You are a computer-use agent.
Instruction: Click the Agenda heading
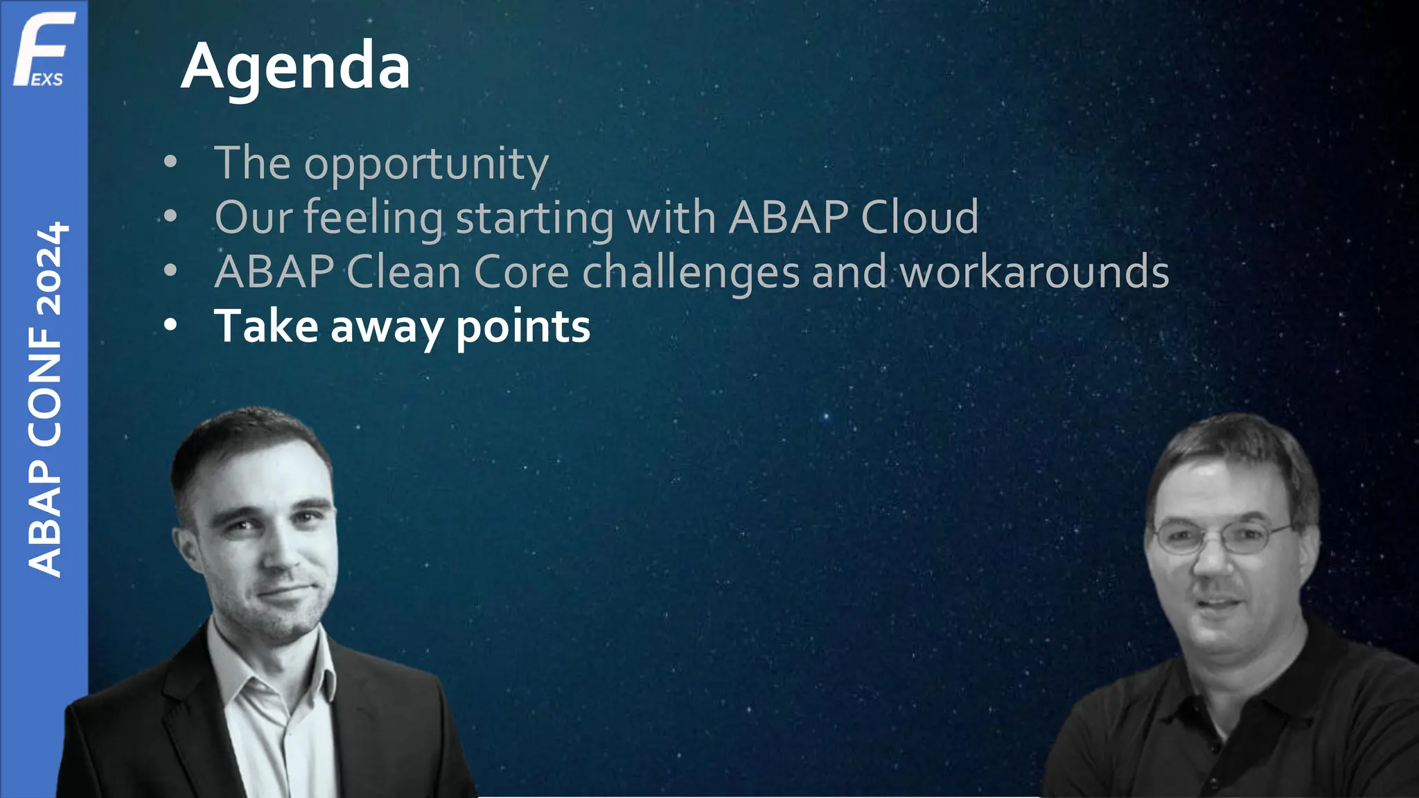coord(296,67)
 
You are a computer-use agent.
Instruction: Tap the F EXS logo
coord(43,50)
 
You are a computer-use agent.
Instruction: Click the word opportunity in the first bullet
coord(426,165)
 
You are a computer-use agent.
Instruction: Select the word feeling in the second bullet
coord(373,218)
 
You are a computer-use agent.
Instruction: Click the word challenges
coord(691,272)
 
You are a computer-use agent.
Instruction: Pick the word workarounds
coord(1034,272)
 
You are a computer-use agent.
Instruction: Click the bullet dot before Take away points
coord(170,325)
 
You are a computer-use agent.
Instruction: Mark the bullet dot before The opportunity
coord(170,163)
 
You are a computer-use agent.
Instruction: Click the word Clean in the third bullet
coord(404,272)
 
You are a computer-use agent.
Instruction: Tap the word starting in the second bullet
coord(534,218)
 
